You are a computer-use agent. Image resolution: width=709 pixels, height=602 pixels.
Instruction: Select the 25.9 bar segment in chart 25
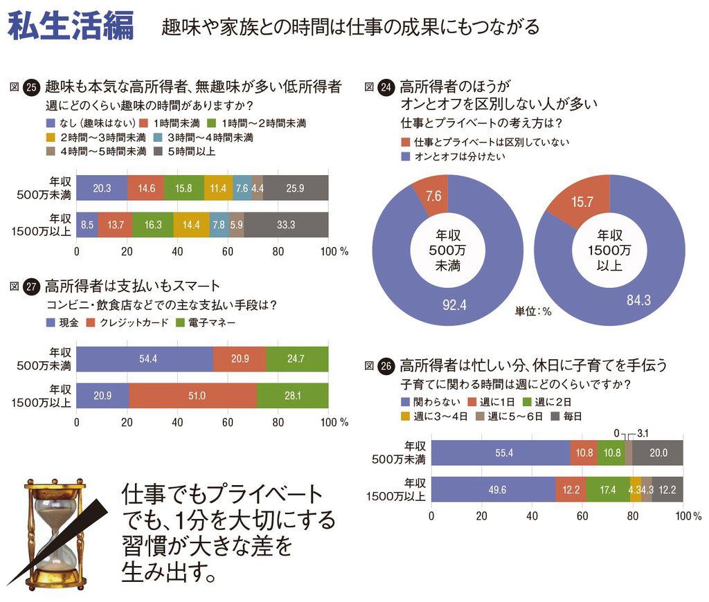pos(296,188)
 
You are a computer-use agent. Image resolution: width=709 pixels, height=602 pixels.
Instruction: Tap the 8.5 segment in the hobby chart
pos(87,225)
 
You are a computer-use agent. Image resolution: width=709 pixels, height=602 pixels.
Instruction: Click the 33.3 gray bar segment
pos(286,225)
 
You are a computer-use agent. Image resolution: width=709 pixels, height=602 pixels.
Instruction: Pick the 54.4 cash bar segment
pos(145,359)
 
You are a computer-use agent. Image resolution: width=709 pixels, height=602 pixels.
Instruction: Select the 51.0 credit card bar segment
pos(192,396)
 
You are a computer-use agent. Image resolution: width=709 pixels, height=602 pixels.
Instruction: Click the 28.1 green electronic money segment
pos(292,396)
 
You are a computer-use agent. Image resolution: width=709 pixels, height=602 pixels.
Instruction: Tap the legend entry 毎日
pos(567,416)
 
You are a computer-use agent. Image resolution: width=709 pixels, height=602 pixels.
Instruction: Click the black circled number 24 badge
pos(388,87)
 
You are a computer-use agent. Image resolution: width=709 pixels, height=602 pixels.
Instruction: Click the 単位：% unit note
pos(533,311)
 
